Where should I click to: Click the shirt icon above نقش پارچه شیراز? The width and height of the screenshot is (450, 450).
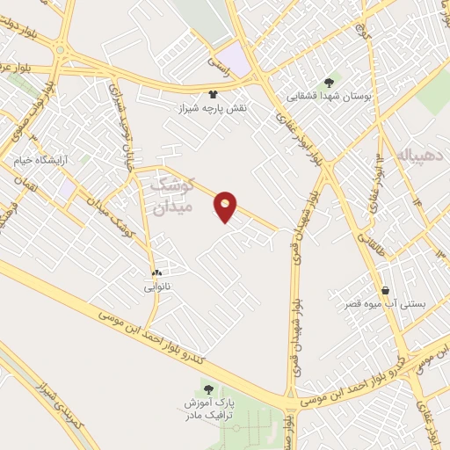[212, 92]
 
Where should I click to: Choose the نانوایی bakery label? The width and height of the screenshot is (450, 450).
[156, 286]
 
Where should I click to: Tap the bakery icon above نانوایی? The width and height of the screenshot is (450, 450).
[156, 272]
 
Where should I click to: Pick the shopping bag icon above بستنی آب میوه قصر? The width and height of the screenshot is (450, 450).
[385, 291]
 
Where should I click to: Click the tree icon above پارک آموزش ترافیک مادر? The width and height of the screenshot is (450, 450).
[208, 388]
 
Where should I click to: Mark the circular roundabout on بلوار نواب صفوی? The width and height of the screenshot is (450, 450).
[60, 50]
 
